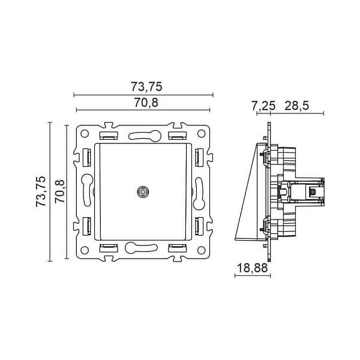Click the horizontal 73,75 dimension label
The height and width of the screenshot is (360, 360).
click(146, 87)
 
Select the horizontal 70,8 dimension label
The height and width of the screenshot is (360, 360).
click(146, 103)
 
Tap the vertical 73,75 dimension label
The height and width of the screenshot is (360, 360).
click(41, 191)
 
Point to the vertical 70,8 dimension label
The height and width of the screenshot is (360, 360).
click(60, 191)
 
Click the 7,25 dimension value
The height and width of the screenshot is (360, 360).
click(263, 106)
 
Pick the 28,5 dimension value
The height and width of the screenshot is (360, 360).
click(297, 106)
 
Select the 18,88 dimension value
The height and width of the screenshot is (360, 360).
click(252, 268)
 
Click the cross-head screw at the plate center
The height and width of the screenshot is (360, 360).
click(143, 192)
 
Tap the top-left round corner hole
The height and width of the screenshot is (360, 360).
click(85, 133)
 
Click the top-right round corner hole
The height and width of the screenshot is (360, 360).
click(201, 133)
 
